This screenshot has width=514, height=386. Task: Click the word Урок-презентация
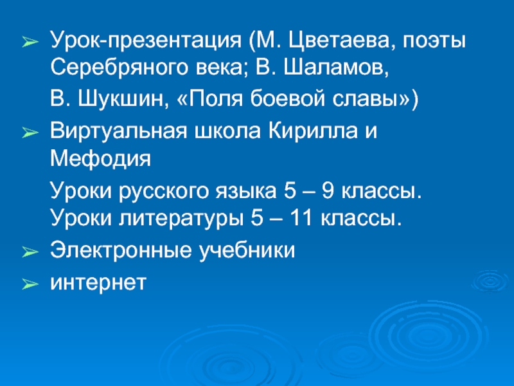tap(146, 42)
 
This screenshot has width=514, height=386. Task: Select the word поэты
tap(437, 42)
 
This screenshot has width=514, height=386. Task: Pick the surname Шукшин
tap(122, 100)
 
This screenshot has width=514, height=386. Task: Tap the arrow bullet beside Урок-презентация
tap(29, 43)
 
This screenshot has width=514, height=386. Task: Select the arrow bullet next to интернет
tap(29, 283)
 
